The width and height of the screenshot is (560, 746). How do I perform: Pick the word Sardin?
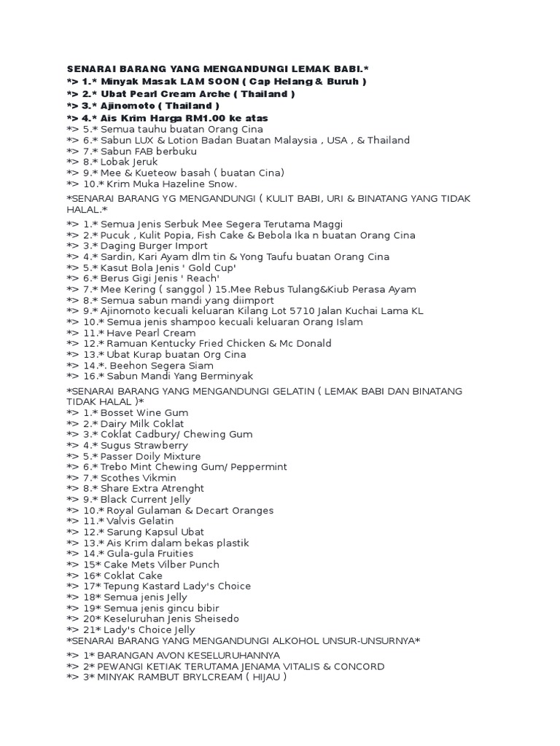[117, 256]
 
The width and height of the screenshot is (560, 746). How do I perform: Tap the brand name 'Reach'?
[200, 278]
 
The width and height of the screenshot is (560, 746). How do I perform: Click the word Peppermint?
[257, 467]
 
